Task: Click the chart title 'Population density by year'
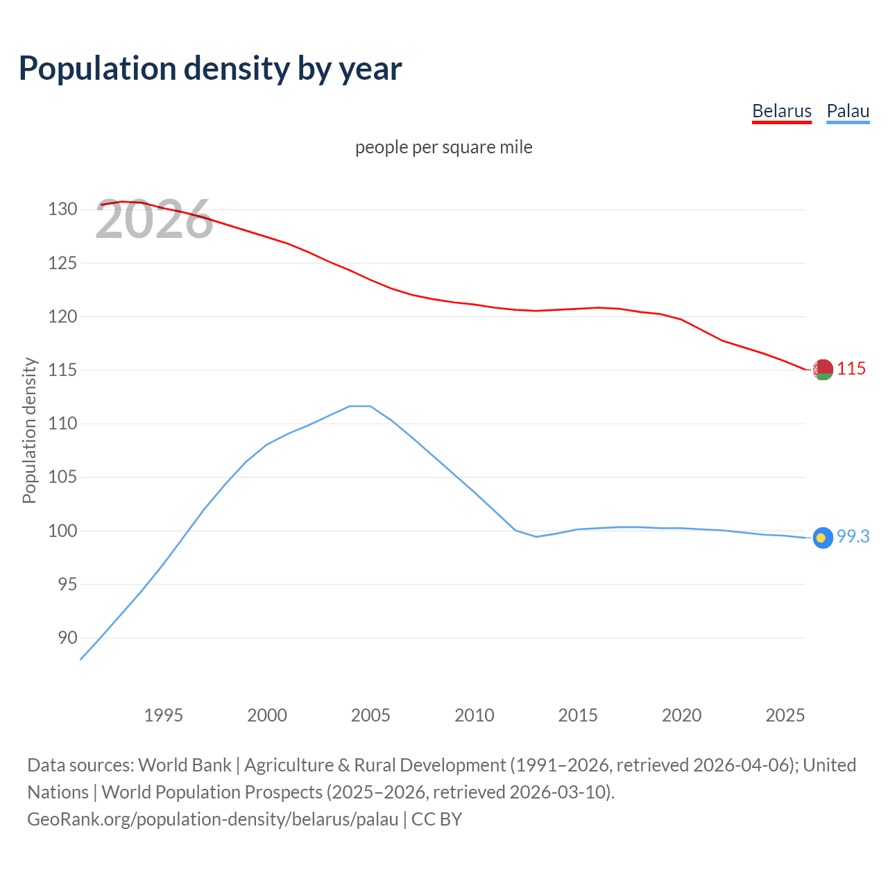(x=210, y=68)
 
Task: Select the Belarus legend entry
(x=781, y=111)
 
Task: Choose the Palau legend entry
(x=848, y=111)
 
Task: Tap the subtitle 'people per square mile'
(x=443, y=147)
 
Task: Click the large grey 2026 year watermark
(x=154, y=220)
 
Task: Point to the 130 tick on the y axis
(x=62, y=209)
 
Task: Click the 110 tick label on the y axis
(x=62, y=423)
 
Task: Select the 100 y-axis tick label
(x=62, y=531)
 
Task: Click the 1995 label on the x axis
(x=163, y=715)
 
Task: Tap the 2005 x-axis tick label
(x=370, y=715)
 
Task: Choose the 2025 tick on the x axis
(x=785, y=715)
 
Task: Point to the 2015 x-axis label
(x=578, y=715)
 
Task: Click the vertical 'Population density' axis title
(x=29, y=430)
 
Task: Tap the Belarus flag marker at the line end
(x=823, y=370)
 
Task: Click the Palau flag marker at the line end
(x=823, y=538)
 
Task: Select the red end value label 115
(x=851, y=368)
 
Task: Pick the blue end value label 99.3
(x=853, y=536)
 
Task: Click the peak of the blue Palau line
(x=360, y=406)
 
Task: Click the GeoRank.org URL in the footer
(x=212, y=819)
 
